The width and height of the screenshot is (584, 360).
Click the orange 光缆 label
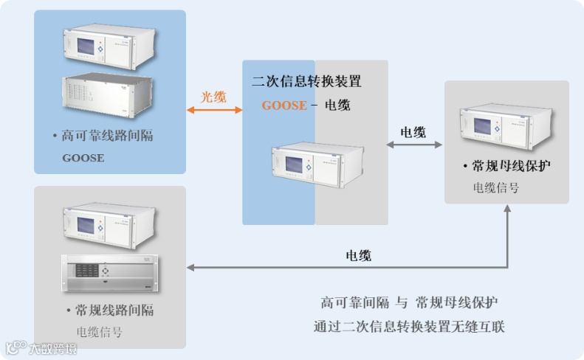click(214, 97)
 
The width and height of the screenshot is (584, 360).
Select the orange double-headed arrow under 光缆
click(215, 111)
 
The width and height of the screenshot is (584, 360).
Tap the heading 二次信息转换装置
click(306, 82)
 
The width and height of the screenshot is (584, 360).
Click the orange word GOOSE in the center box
click(284, 105)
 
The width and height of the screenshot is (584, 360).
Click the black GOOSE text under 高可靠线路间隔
click(83, 158)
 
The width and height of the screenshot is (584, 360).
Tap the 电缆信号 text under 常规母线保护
click(495, 188)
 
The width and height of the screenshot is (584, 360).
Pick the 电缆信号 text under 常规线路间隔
click(100, 332)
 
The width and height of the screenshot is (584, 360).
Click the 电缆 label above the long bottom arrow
click(359, 256)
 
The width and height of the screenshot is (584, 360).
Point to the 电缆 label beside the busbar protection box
click(413, 133)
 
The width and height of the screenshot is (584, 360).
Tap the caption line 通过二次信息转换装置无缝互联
click(409, 326)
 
